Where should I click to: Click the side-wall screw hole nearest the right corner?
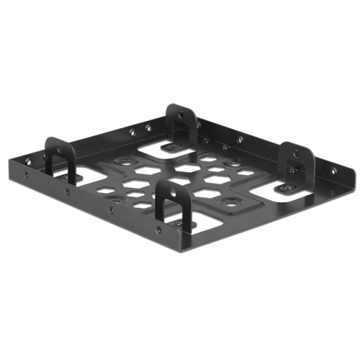point(333,172)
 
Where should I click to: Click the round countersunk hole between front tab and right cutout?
point(231,204)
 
